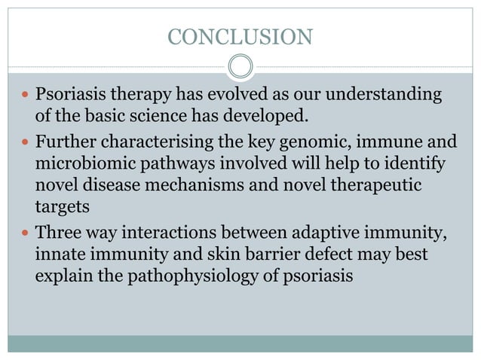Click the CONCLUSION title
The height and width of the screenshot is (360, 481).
240,35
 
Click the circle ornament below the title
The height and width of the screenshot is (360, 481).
240,66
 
